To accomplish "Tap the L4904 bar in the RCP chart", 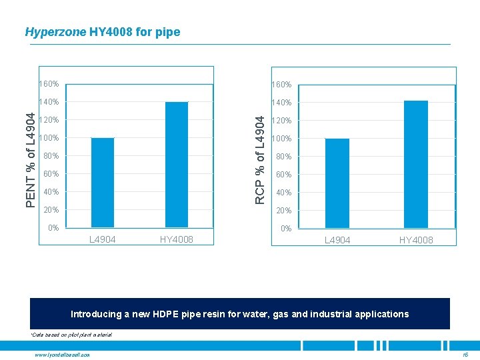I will [x=337, y=183].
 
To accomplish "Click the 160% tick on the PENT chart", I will [x=49, y=85].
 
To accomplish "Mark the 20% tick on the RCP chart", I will [x=285, y=211].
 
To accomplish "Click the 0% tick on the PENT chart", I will [x=53, y=228].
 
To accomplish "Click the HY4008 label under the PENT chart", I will [x=177, y=239].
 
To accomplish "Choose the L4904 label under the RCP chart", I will [x=337, y=240].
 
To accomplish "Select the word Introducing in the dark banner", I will [x=97, y=314].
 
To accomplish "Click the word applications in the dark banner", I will [x=382, y=314].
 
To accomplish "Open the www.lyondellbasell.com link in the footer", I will [x=61, y=354].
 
